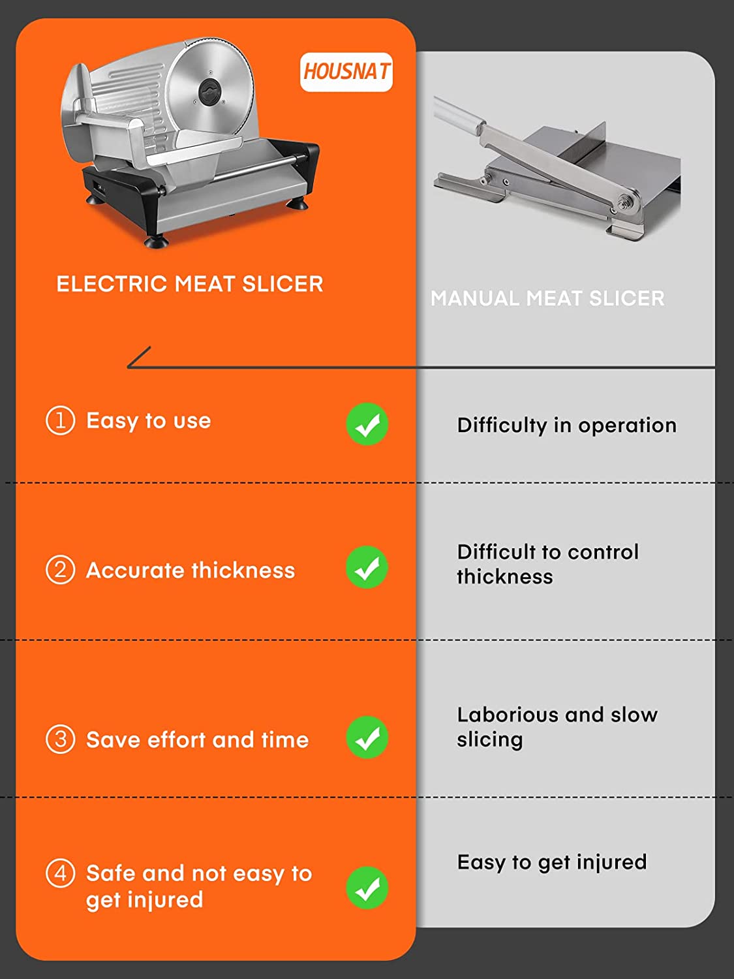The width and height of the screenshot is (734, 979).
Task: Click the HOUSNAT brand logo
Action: click(346, 72)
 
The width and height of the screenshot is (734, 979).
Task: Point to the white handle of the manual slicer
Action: click(457, 114)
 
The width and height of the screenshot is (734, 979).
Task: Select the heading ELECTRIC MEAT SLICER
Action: click(190, 284)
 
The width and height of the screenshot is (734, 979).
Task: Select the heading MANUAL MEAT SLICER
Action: click(547, 298)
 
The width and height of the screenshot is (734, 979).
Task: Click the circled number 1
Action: click(60, 421)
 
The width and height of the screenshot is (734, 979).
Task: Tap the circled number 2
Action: click(60, 570)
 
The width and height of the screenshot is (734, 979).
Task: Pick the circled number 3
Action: click(60, 739)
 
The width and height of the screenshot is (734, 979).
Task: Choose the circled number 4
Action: click(60, 873)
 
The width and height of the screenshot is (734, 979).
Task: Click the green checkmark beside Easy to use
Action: click(367, 424)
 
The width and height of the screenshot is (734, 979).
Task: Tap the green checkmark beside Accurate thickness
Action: click(367, 567)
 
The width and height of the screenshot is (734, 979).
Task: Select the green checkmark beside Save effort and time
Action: click(367, 738)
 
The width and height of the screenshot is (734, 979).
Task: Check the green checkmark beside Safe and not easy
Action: click(367, 888)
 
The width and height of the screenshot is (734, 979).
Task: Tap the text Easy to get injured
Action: click(552, 862)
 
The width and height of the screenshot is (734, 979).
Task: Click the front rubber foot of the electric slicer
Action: click(157, 243)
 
